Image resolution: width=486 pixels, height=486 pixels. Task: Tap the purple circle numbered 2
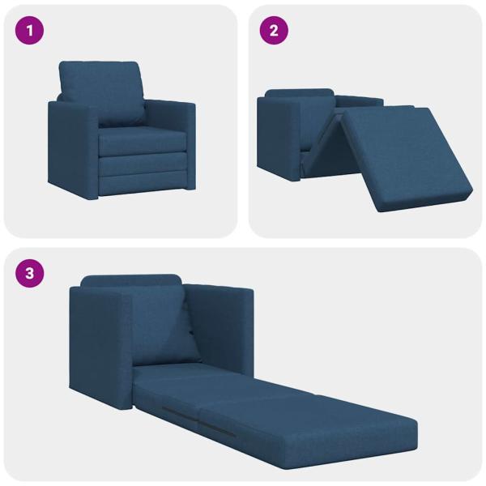click(274, 32)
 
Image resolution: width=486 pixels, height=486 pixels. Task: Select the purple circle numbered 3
click(30, 273)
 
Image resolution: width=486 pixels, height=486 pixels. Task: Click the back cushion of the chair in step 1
click(101, 91)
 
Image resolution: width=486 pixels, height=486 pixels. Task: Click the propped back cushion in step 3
click(158, 324)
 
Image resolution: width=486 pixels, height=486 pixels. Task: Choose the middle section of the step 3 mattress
click(267, 409)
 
